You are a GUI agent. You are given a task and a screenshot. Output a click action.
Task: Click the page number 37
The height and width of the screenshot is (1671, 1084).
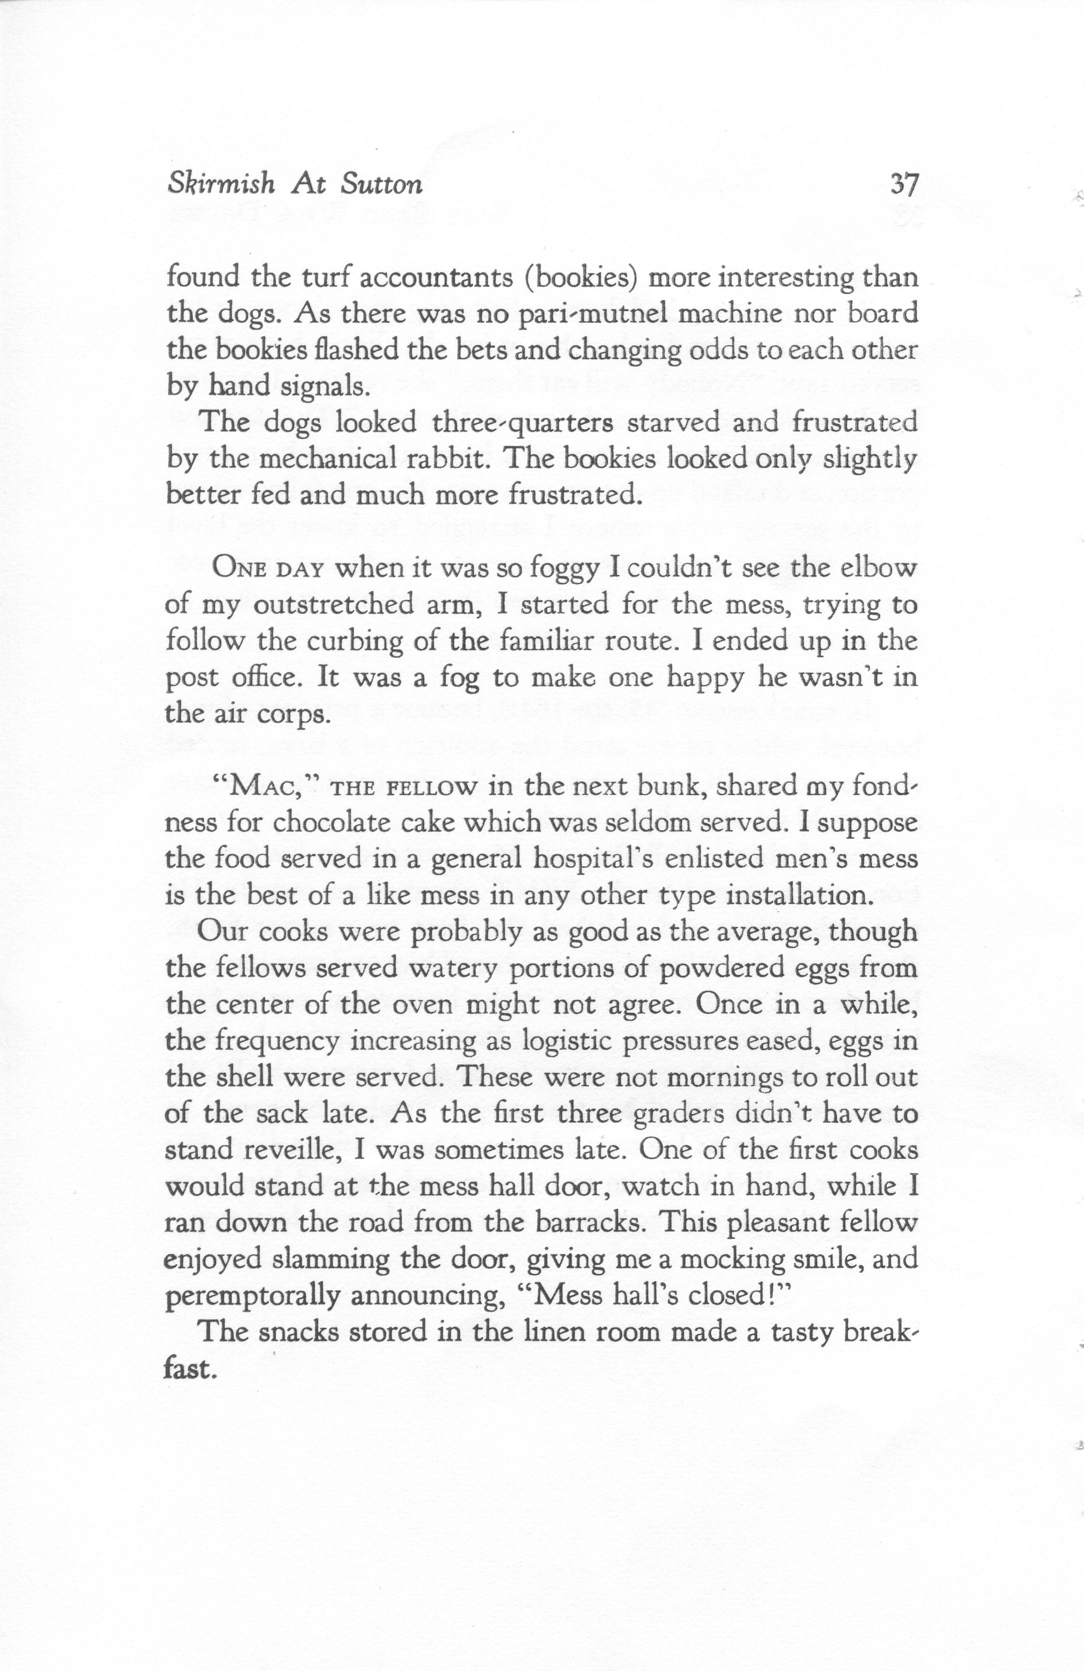tap(903, 185)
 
